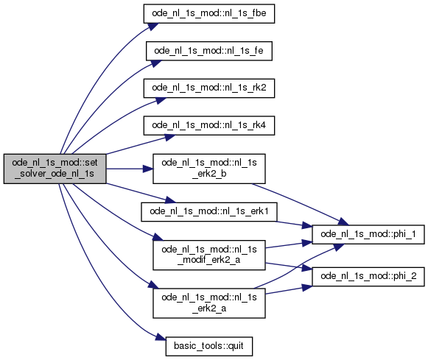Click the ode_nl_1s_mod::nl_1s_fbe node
click(x=209, y=14)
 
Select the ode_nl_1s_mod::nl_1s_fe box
click(x=209, y=51)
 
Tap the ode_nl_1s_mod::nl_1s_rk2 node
click(x=209, y=88)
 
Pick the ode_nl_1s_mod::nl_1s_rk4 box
click(x=209, y=125)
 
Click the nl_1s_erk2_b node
click(x=209, y=169)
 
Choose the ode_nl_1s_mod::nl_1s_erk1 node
click(x=209, y=211)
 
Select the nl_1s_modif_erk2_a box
click(x=209, y=255)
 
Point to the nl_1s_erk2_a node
click(x=209, y=303)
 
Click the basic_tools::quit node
click(x=209, y=346)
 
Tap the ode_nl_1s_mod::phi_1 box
click(x=368, y=234)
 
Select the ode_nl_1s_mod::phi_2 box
click(x=368, y=277)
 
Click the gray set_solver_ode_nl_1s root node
click(x=55, y=169)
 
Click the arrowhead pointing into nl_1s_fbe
click(x=153, y=27)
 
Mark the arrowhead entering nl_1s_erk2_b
click(x=148, y=169)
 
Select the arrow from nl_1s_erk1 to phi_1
click(x=294, y=225)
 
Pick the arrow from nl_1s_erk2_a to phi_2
click(x=289, y=290)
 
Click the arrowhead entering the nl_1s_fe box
click(x=156, y=63)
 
